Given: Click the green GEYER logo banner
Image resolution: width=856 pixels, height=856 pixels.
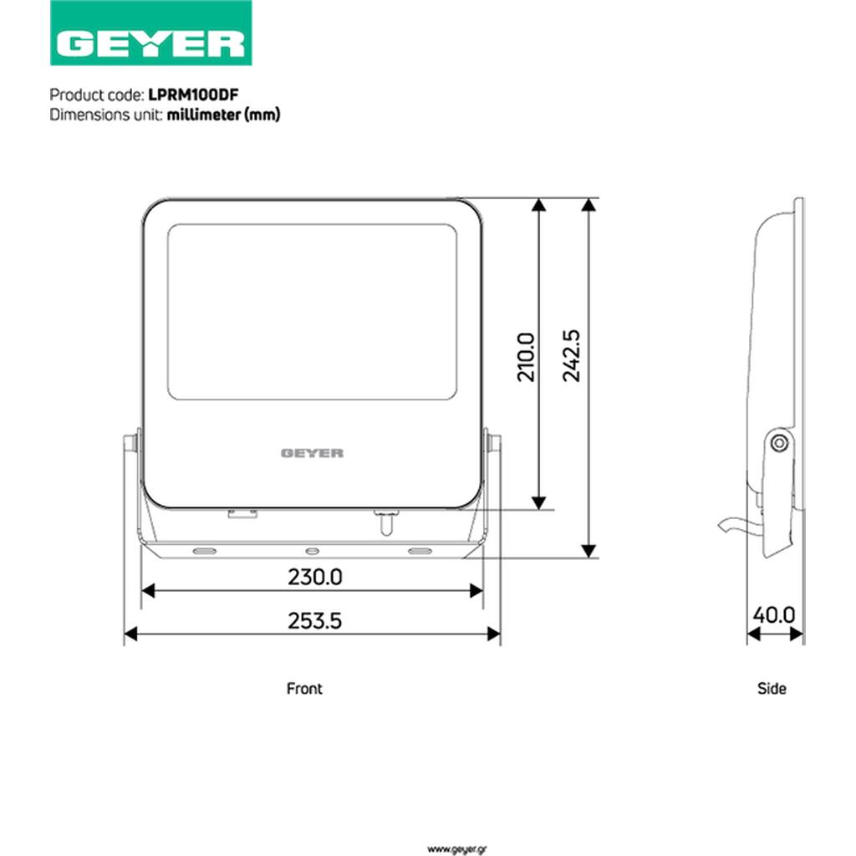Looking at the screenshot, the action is click(150, 33).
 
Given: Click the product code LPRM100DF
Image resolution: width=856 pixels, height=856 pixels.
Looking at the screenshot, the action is click(193, 95).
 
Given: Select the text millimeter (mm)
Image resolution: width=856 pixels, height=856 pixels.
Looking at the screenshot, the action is click(223, 115).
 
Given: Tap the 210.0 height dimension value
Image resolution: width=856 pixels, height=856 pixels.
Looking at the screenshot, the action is click(527, 357).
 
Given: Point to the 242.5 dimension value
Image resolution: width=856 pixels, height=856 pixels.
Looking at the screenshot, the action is click(572, 355).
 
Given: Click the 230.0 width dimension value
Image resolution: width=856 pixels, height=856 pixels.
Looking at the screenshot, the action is click(315, 577).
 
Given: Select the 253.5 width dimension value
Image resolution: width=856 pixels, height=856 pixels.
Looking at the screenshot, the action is click(315, 621).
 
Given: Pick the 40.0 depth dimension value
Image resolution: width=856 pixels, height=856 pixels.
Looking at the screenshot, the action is click(773, 615).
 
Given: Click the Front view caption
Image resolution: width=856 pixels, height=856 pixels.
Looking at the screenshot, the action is click(304, 689).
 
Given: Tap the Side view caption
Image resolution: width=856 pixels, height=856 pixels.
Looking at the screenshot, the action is click(772, 689).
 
